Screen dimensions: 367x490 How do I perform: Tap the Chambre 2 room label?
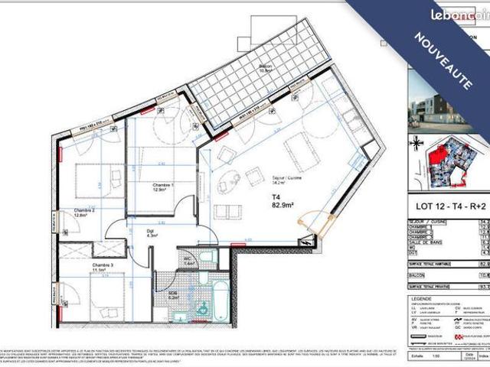pos(83,212)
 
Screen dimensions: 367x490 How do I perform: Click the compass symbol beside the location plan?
pos(416,144)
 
